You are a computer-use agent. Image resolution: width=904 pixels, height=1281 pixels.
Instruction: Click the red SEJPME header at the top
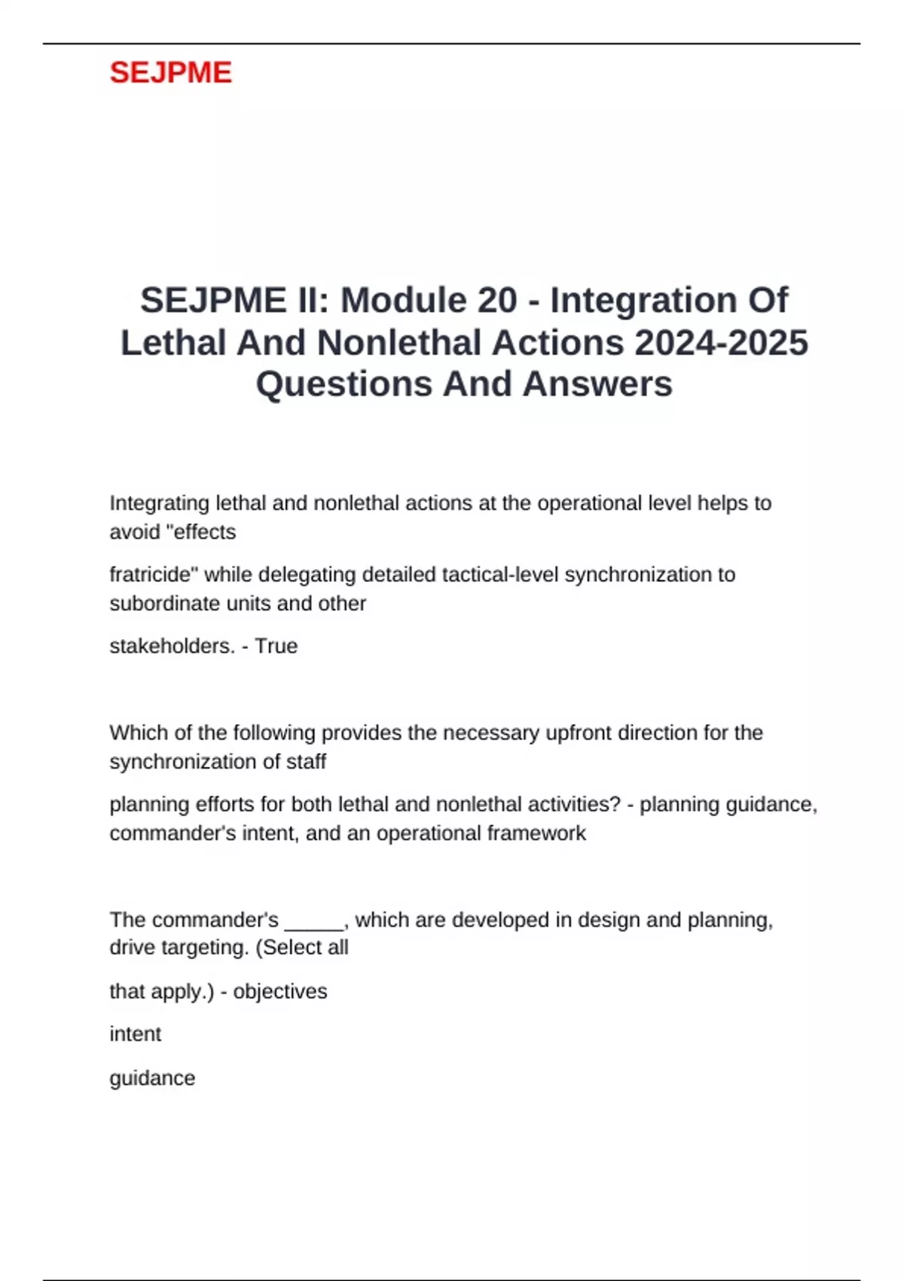[x=170, y=72]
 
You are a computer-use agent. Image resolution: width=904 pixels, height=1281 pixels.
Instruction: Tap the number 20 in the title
[x=497, y=300]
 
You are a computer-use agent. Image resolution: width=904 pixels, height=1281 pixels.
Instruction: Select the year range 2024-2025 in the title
[x=721, y=342]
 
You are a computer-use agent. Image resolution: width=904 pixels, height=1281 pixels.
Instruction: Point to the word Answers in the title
[x=597, y=384]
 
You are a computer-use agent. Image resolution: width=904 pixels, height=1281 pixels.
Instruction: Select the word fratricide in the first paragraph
[x=154, y=574]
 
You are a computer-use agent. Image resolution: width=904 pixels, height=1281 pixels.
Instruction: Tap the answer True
[x=276, y=646]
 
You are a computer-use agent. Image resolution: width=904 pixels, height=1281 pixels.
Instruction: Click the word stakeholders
[x=172, y=646]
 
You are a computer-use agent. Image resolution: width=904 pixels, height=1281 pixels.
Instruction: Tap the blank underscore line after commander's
[x=313, y=921]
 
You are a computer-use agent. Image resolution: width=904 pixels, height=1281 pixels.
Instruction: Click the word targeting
[x=200, y=947]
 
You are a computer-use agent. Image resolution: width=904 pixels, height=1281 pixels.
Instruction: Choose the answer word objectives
[x=280, y=991]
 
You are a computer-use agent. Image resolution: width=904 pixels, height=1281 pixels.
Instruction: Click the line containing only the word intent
[x=136, y=1034]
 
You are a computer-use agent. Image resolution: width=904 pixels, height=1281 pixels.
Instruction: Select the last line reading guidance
[x=152, y=1078]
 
